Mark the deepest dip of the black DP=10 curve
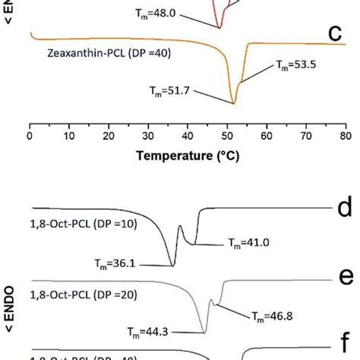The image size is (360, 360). click(172, 265)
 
